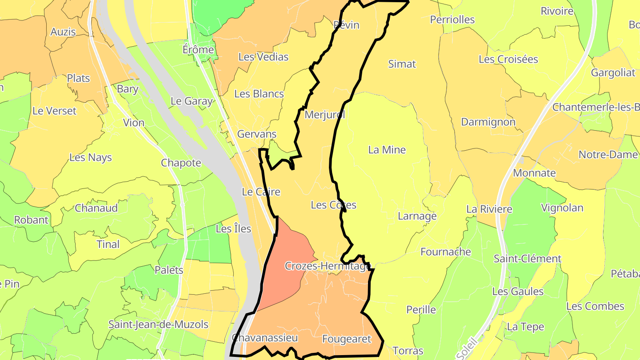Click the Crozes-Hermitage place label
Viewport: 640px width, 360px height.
tap(327, 266)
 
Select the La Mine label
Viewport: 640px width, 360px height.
tap(387, 150)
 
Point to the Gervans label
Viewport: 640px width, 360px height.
tap(257, 134)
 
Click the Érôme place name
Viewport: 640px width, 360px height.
tap(198, 50)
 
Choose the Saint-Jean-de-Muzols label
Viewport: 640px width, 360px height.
tap(158, 325)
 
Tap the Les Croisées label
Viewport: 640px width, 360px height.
tap(508, 60)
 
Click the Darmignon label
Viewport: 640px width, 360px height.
tap(488, 122)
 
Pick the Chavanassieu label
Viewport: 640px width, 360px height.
tap(264, 338)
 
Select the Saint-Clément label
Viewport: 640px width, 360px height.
tap(528, 259)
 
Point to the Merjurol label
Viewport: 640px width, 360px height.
tap(324, 115)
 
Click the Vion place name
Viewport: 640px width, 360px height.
tap(134, 123)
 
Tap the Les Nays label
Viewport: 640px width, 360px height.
tap(91, 158)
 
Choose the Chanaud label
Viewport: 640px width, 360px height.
tap(96, 208)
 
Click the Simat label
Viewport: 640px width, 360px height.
tap(402, 64)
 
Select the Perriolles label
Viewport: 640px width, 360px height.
tap(452, 20)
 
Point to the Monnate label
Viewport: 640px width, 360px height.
tap(534, 173)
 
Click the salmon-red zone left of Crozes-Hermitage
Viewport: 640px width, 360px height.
tap(287, 249)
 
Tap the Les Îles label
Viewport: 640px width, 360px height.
tap(233, 229)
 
